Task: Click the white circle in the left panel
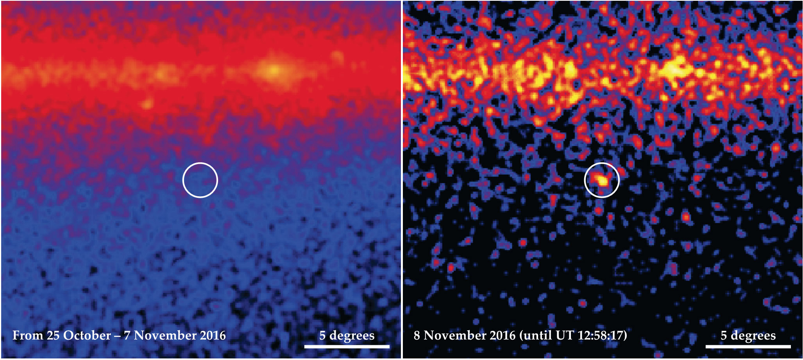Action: tap(200, 180)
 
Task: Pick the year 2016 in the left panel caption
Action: tap(213, 335)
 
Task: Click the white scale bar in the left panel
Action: tap(347, 346)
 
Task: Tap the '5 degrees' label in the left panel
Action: tap(347, 335)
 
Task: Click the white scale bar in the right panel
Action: tap(748, 346)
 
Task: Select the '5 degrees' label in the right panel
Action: tap(748, 335)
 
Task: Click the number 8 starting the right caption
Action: tap(417, 335)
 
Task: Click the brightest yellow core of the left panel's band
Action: tap(274, 71)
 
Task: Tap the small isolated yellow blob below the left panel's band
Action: tap(147, 104)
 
